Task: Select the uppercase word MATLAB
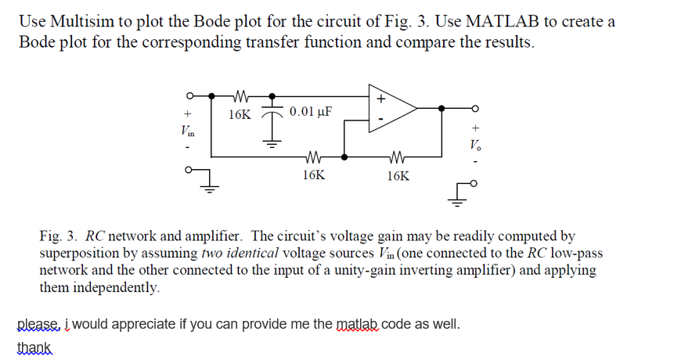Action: pyautogui.click(x=496, y=21)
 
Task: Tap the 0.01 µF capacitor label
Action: pyautogui.click(x=310, y=111)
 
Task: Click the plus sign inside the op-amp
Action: pyautogui.click(x=381, y=100)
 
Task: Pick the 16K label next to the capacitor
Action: pyautogui.click(x=240, y=115)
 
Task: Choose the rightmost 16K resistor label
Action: pyautogui.click(x=398, y=176)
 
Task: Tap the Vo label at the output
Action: pyautogui.click(x=474, y=144)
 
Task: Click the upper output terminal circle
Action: pyautogui.click(x=474, y=109)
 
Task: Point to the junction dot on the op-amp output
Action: pyautogui.click(x=443, y=109)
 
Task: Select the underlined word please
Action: pyautogui.click(x=38, y=323)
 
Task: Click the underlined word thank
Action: pyautogui.click(x=34, y=345)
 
